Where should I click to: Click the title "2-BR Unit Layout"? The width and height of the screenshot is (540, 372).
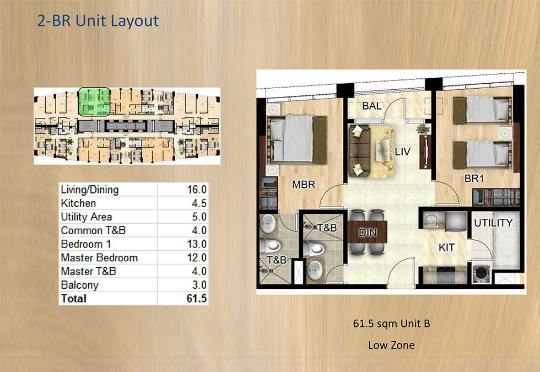click(98, 21)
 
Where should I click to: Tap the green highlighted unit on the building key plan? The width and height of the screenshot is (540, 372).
click(93, 102)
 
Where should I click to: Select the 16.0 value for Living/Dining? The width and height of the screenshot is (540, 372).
click(196, 190)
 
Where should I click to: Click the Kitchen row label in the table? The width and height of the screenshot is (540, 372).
click(78, 203)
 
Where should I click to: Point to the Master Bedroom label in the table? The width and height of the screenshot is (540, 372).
click(99, 257)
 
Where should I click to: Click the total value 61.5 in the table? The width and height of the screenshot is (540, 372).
click(196, 299)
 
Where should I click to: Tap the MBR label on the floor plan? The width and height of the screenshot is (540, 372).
click(304, 185)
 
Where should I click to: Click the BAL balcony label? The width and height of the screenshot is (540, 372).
click(373, 106)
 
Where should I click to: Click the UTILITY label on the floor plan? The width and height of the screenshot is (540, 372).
click(493, 223)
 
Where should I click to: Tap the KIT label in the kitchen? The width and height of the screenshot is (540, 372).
click(446, 248)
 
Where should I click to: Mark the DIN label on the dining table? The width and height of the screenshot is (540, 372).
click(368, 233)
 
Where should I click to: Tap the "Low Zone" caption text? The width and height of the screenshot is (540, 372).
click(391, 346)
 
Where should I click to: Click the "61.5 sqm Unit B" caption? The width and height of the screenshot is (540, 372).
click(391, 324)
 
